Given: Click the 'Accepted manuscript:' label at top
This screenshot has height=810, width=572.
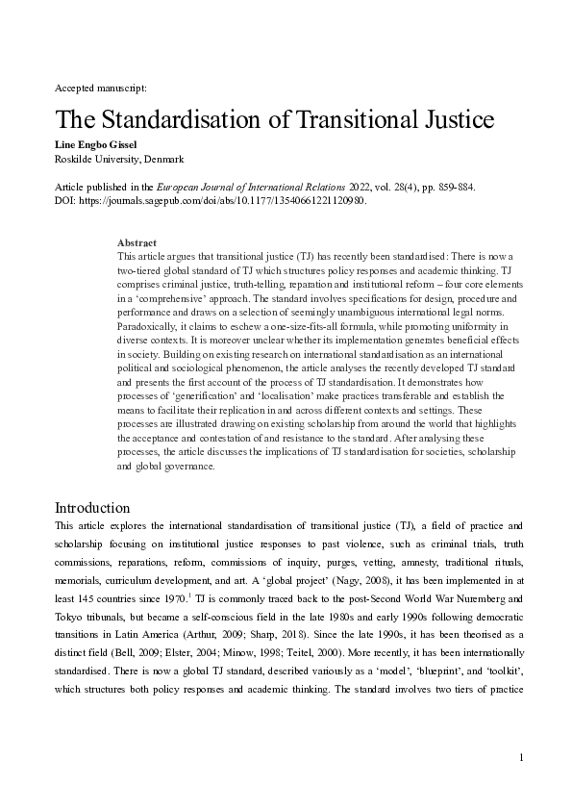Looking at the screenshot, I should point(101,88).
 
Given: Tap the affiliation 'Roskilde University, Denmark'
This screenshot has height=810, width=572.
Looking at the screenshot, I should point(119,159).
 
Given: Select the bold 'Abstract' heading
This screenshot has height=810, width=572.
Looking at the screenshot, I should point(137,242).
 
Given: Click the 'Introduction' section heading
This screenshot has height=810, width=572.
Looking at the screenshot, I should point(91,507).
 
